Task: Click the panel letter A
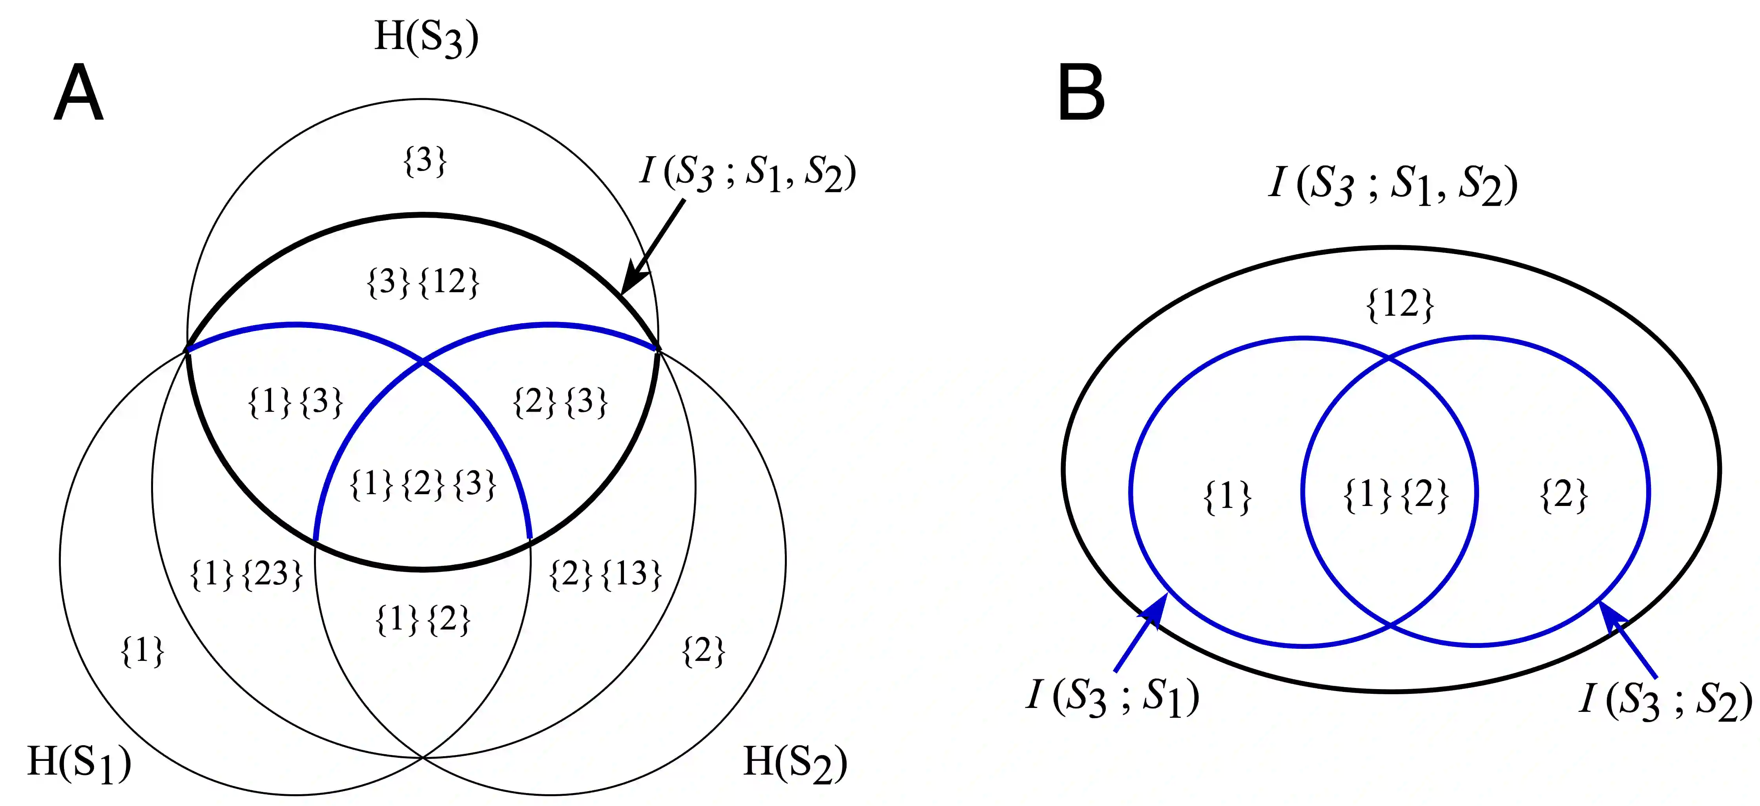[78, 94]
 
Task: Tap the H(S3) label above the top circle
[426, 38]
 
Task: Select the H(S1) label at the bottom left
[78, 762]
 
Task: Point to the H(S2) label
[795, 762]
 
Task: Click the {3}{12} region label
[423, 282]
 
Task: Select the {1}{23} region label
[246, 574]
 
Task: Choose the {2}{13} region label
[606, 574]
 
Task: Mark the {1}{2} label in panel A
[423, 620]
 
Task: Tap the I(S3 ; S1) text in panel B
[1112, 698]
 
